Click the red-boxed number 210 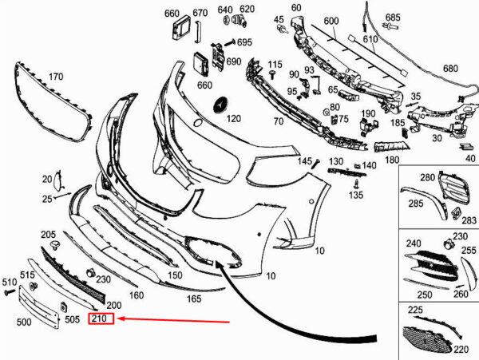[x=99, y=318]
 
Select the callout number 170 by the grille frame [x=56, y=77]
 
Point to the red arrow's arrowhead [x=121, y=318]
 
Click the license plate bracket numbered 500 [x=38, y=306]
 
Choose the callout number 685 [x=393, y=18]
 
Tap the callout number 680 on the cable [x=450, y=68]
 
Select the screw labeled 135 [x=355, y=184]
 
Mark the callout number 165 [x=194, y=299]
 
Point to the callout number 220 [x=461, y=349]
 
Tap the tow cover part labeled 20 [x=57, y=180]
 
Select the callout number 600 [x=331, y=21]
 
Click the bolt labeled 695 [x=230, y=42]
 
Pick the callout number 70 [x=279, y=121]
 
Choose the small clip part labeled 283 [x=456, y=213]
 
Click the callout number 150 [x=175, y=275]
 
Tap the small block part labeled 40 [x=465, y=147]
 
